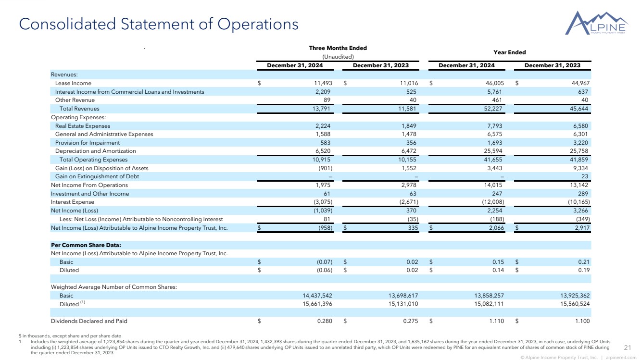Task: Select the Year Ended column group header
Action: [510, 52]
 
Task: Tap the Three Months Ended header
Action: [338, 48]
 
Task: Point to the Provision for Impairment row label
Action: [88, 143]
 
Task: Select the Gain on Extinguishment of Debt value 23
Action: [586, 176]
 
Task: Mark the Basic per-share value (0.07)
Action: [323, 262]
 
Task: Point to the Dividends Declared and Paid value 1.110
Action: [496, 321]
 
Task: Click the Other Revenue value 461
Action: [497, 100]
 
